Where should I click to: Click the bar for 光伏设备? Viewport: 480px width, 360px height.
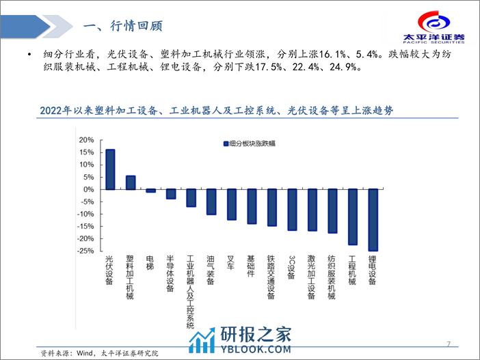pos(110,169)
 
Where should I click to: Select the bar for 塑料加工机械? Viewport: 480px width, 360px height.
pos(130,182)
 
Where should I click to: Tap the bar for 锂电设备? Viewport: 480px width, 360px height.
pos(373,220)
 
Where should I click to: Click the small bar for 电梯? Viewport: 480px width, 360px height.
pos(150,191)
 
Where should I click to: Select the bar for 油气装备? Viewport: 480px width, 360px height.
pos(211,202)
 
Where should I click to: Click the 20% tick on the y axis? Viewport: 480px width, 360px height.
pos(88,139)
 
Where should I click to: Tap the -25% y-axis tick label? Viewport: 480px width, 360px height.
pos(86,251)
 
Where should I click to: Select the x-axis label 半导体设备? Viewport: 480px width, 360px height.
pos(171,274)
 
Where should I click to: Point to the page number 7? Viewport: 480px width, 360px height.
pos(448,343)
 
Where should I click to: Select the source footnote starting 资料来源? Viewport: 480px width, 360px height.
pos(99,353)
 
